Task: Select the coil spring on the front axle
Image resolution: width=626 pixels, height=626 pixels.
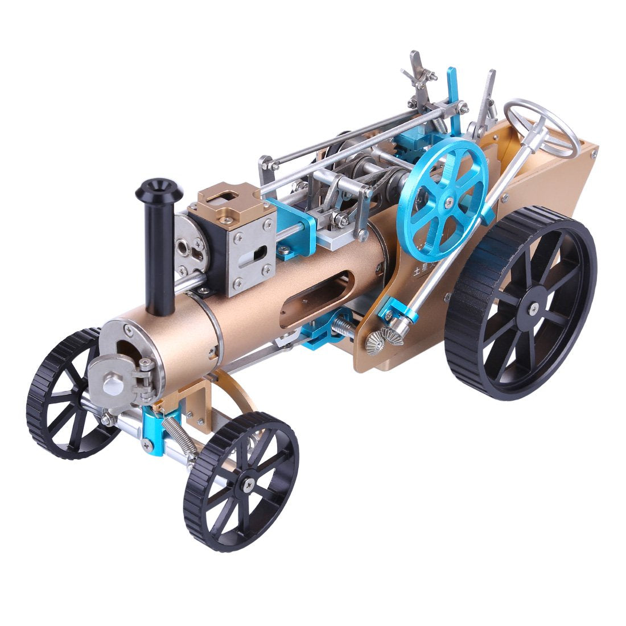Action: point(178,433)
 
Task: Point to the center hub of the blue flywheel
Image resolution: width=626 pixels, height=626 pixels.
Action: point(450,200)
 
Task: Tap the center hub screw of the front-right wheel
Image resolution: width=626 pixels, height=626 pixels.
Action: point(249,483)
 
